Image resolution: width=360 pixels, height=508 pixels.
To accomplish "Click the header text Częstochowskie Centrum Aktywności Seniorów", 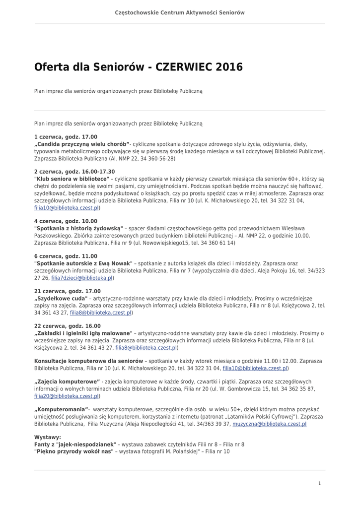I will [180, 12].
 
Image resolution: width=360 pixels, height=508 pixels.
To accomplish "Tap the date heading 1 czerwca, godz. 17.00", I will [66, 136].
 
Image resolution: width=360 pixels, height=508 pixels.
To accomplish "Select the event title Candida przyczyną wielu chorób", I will [82, 144].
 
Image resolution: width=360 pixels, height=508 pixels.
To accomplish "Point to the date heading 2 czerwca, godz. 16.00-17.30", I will [74, 172].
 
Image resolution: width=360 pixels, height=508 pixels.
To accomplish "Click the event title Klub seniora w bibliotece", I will [72, 179].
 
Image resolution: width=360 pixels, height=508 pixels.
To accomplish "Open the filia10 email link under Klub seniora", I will [67, 208].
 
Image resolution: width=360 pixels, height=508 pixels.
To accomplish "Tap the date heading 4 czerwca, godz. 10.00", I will [66, 221].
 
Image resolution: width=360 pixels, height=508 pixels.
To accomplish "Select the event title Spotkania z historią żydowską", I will [81, 228].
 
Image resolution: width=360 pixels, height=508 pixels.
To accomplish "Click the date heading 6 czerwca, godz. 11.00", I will [66, 256].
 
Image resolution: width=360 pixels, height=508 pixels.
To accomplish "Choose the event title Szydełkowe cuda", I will [61, 299].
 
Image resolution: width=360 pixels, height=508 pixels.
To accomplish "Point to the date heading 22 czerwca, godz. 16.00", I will [67, 326].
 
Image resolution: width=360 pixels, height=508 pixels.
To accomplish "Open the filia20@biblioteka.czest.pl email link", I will [67, 396].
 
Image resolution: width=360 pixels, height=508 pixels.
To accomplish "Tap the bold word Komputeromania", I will [61, 409].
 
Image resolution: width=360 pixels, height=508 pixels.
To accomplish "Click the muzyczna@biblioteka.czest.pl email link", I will [269, 424].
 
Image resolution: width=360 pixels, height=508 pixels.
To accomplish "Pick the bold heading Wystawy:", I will [48, 437].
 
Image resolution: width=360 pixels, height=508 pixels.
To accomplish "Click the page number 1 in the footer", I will [319, 483].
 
